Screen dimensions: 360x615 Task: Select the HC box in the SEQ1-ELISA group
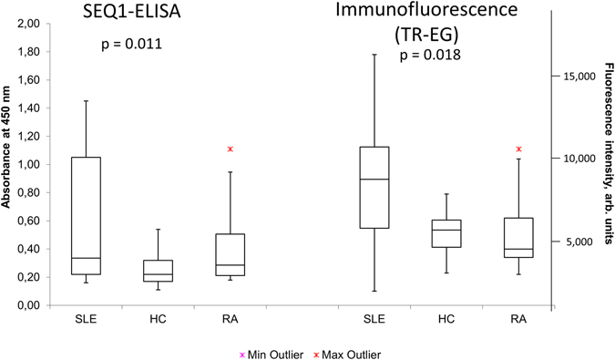pos(159,272)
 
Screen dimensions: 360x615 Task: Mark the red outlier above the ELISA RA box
pos(231,149)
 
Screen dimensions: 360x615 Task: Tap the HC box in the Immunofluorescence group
pos(446,233)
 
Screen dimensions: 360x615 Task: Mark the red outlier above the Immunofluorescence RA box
pos(518,149)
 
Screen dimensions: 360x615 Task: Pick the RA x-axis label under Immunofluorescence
pos(518,319)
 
